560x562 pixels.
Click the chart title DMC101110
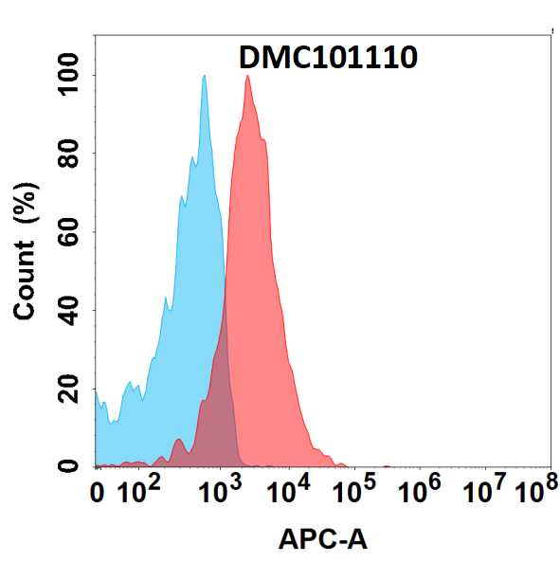328,58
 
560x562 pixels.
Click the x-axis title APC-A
323,539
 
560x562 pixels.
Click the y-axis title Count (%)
25,250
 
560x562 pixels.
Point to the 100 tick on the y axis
68,75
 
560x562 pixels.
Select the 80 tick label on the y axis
68,154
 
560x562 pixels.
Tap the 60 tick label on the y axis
68,232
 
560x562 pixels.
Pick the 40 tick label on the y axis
68,311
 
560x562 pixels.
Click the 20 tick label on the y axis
68,389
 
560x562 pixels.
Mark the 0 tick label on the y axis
68,466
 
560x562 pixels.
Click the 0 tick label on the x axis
97,493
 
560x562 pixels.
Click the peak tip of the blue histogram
205,76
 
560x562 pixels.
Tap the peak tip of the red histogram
247,76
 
